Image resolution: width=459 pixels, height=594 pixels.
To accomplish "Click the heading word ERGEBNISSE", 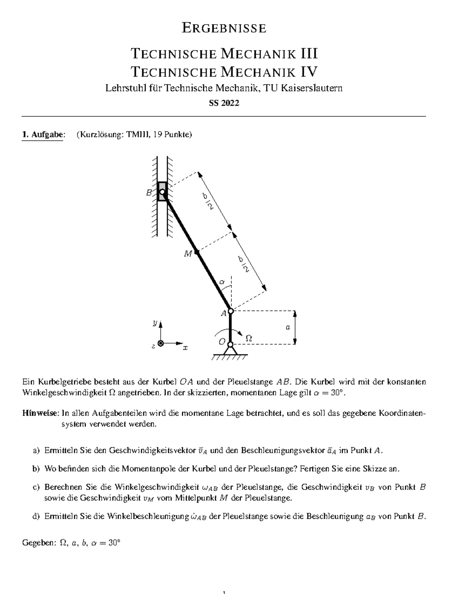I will point(224,28).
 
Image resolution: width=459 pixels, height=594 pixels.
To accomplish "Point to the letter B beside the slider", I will point(149,193).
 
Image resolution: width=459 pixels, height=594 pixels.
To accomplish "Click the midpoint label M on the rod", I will point(187,254).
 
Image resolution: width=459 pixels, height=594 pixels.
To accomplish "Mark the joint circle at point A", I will point(231,311).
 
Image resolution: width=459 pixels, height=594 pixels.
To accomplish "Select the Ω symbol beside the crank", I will point(248,338).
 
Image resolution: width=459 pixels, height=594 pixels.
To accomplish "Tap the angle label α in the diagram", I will point(222,282).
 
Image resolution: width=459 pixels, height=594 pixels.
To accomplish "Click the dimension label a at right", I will point(288,327).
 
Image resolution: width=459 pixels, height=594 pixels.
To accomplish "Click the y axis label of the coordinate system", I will point(155,323).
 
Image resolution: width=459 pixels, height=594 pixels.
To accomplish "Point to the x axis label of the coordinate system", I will point(186,348).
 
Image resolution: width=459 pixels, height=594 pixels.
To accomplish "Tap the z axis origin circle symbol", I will point(161,343).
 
